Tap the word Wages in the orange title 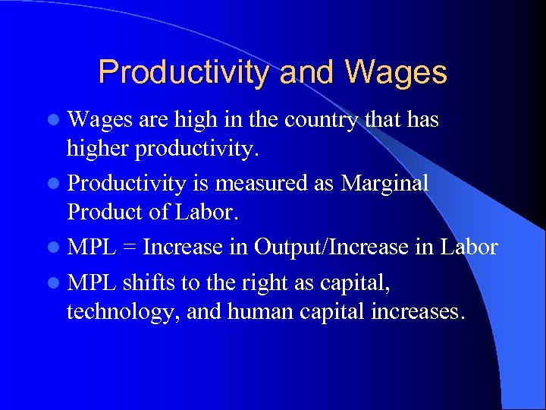(x=395, y=73)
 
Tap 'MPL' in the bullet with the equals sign (x=91, y=248)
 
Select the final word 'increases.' (x=416, y=311)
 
